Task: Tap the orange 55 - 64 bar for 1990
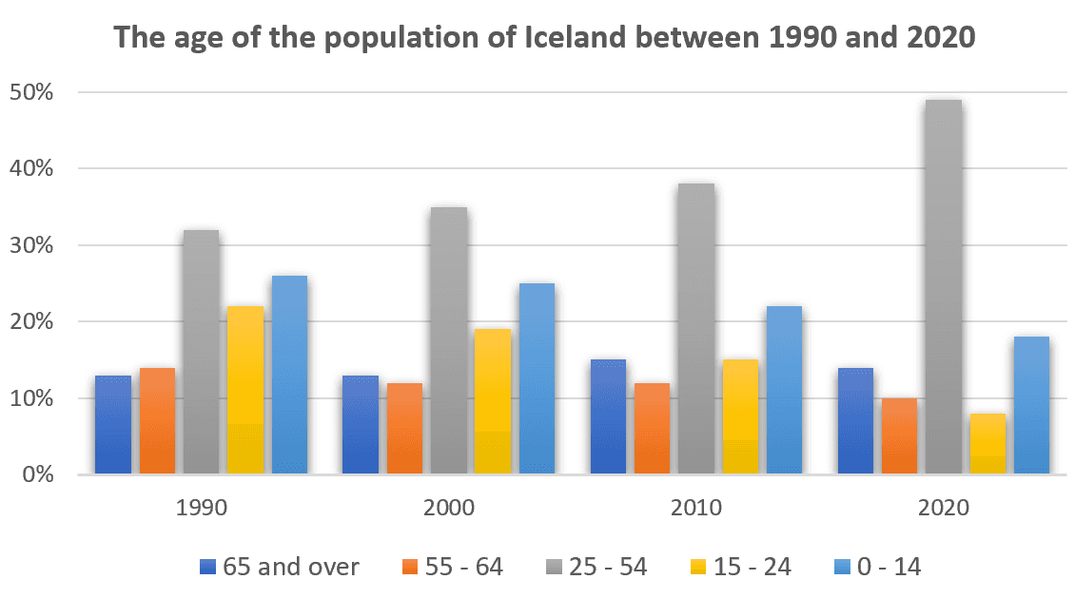(x=157, y=420)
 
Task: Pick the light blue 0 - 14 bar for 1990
(x=289, y=375)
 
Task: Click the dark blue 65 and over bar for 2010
(x=608, y=416)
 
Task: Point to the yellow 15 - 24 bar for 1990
(x=245, y=390)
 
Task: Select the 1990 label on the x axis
(x=201, y=508)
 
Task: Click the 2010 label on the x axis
(x=695, y=508)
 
